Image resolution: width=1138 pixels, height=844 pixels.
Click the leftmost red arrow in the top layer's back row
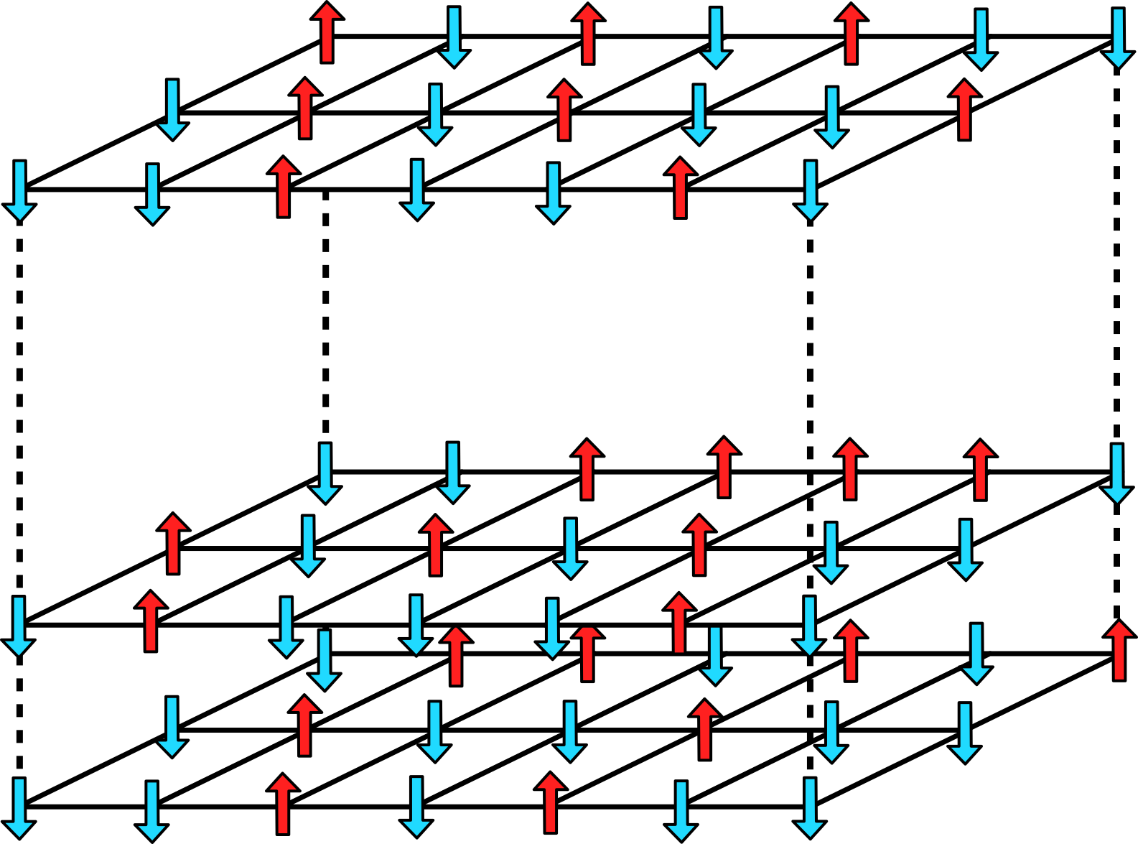(327, 32)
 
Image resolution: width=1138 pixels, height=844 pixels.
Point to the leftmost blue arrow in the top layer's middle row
(172, 110)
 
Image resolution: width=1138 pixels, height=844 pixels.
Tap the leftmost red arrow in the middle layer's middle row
(173, 544)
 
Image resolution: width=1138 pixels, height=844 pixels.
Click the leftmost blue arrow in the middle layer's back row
(325, 473)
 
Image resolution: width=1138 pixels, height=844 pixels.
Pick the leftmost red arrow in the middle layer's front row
(150, 621)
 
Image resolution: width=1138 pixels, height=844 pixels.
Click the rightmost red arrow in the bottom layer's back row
(1119, 650)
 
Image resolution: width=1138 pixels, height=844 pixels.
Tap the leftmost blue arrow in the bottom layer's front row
(19, 809)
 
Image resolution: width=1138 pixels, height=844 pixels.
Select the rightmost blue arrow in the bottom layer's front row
(810, 809)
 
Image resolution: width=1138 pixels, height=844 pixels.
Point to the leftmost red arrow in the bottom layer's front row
(283, 804)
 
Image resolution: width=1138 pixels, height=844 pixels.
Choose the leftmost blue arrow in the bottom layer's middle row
(172, 726)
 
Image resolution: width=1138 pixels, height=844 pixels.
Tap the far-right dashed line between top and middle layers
(1116, 251)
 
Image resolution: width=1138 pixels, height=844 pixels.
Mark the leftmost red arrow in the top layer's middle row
(305, 108)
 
